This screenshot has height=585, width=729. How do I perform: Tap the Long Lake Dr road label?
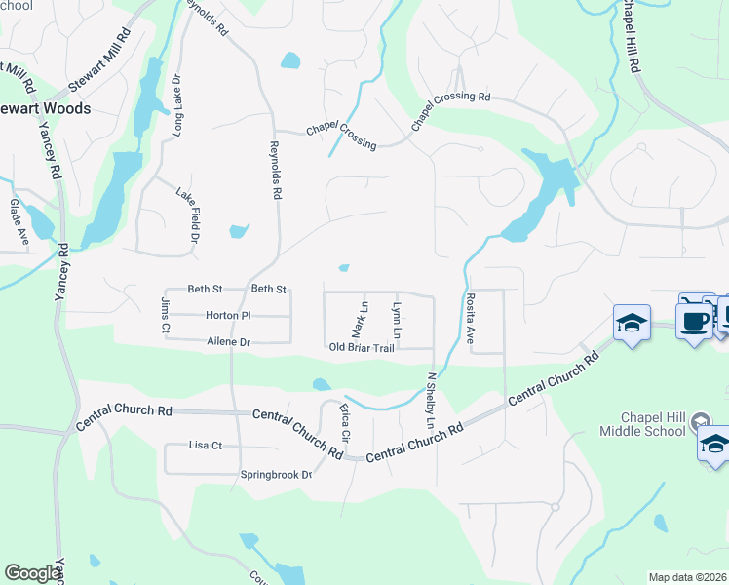[x=178, y=103]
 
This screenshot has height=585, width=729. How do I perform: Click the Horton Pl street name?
[x=228, y=316]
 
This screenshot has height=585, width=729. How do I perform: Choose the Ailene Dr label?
[x=229, y=342]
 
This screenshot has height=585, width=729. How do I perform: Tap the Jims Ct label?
[x=164, y=318]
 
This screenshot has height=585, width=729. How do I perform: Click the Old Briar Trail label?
[x=361, y=348]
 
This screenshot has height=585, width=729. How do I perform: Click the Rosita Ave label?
[x=470, y=320]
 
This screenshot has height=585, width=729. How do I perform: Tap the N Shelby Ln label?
[x=430, y=401]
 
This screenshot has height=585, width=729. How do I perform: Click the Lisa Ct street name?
[x=207, y=446]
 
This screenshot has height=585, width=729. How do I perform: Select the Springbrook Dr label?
[x=276, y=475]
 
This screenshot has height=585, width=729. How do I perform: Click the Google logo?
[x=32, y=573]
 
